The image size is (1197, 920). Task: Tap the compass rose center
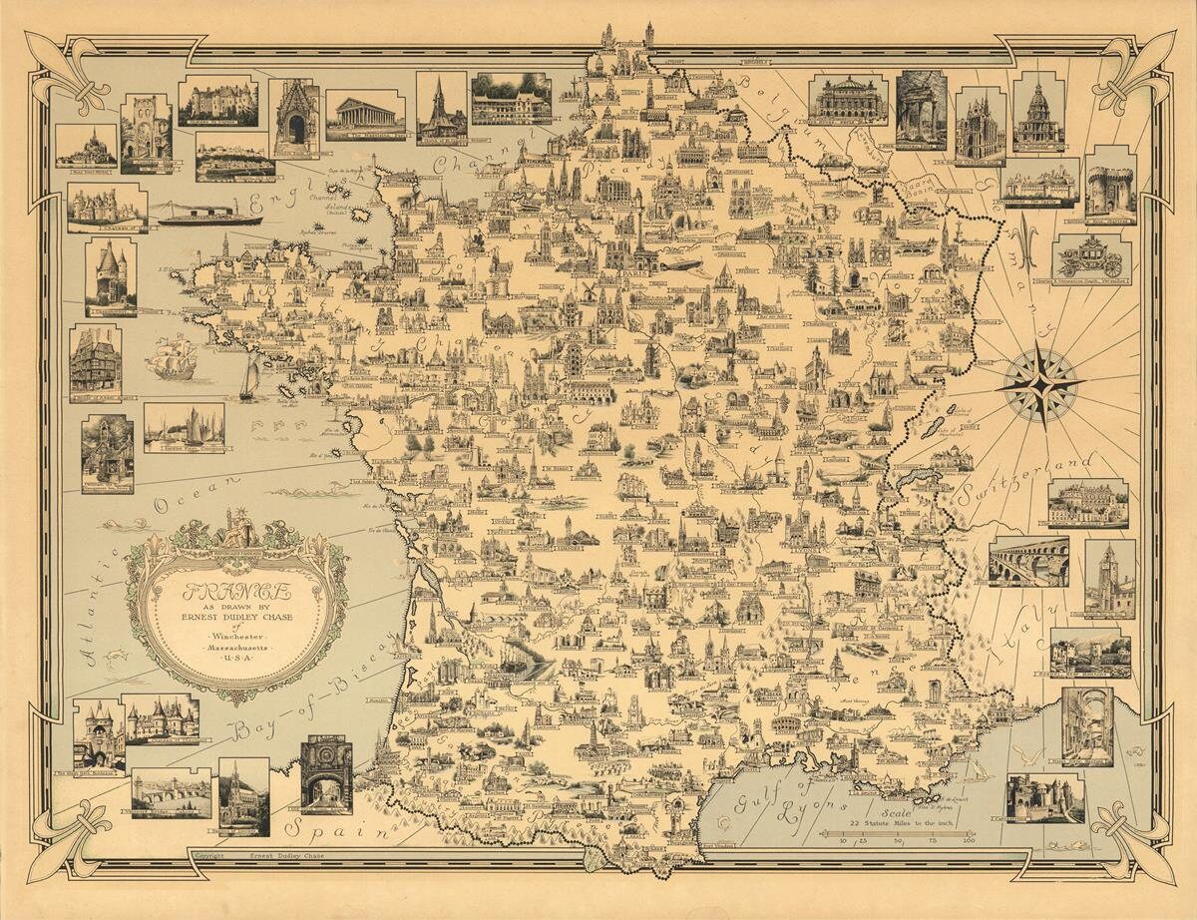tap(1041, 382)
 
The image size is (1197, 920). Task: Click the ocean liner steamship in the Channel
tap(209, 215)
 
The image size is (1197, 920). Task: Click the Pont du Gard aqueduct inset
tap(1028, 561)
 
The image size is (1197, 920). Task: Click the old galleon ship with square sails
tap(174, 357)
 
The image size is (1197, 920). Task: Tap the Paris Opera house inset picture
tap(847, 100)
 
